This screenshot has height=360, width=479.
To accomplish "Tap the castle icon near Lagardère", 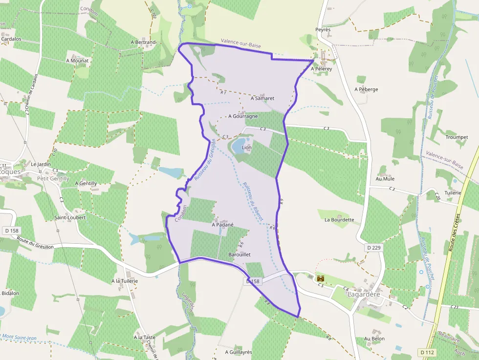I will click(x=321, y=278).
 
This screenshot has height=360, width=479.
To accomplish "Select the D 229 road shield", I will click(x=374, y=248).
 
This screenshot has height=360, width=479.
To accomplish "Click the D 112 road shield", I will click(x=428, y=352).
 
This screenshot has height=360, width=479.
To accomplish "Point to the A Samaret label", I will click(x=262, y=98).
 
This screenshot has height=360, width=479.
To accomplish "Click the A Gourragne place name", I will click(x=243, y=116).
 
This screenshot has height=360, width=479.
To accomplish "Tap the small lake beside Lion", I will click(x=238, y=146).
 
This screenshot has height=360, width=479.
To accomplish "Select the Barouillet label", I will click(x=239, y=255).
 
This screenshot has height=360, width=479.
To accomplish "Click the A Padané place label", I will click(x=222, y=225).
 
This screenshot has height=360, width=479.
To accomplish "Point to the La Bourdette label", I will click(x=339, y=220).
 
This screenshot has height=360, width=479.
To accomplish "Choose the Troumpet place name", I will click(x=457, y=137).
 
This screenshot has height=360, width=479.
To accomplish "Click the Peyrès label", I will click(x=323, y=30).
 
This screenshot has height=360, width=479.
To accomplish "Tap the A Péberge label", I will click(x=366, y=89).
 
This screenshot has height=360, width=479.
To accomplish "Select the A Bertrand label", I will click(x=143, y=42).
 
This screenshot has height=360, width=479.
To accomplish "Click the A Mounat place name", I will click(x=77, y=61).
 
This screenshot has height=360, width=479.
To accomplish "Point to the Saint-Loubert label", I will click(x=70, y=217).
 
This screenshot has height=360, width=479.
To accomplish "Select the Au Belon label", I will click(x=374, y=339).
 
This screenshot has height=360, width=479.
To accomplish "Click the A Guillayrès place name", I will click(x=238, y=352).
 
